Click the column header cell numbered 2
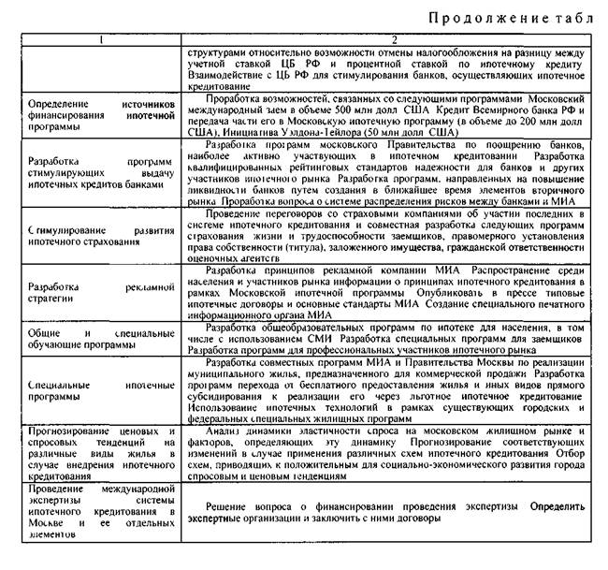(396, 39)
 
